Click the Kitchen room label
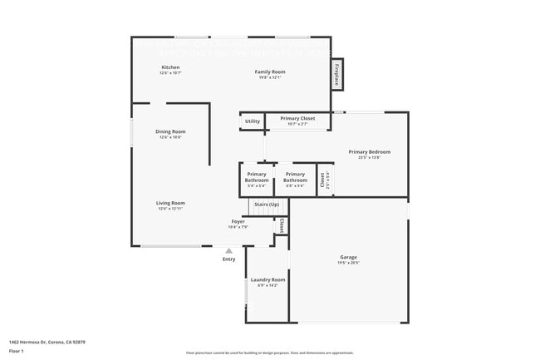pos(170,67)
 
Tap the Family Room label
pos(269,72)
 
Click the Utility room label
pos(252,121)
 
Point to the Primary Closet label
pos(297,119)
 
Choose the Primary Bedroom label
pos(369,152)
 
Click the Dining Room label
pos(170,131)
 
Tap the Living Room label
pos(170,203)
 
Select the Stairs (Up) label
pos(267,204)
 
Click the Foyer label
pos(238,222)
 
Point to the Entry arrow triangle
pos(228,249)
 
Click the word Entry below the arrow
pos(228,259)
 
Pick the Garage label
pos(348,257)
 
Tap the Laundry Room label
pos(268,280)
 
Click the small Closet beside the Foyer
pos(282,225)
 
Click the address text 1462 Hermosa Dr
pos(47,342)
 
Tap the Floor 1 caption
pos(17,351)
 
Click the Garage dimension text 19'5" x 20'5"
pos(348,263)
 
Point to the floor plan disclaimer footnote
pos(269,353)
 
